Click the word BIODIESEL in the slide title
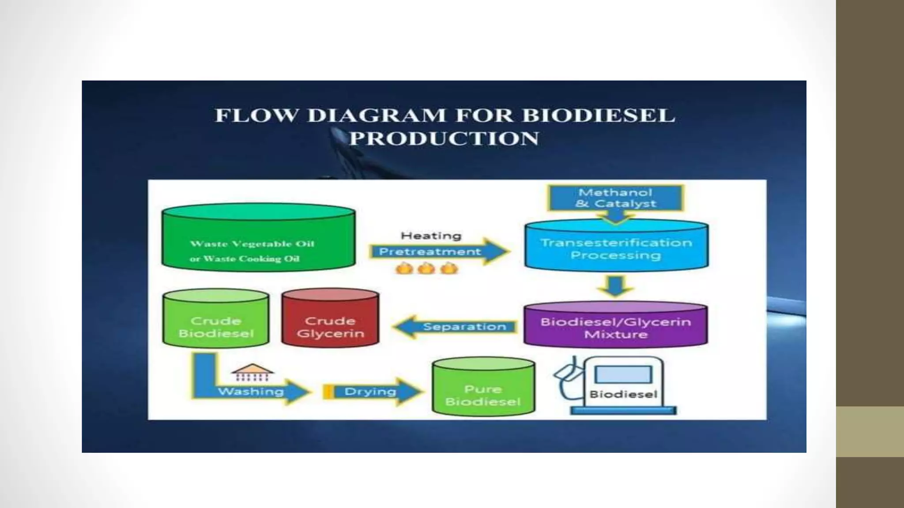[x=598, y=116]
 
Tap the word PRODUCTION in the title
[x=444, y=138]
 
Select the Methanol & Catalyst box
[x=615, y=198]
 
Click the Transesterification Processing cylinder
[x=616, y=248]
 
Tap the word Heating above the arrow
[x=431, y=235]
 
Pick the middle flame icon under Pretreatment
[x=426, y=268]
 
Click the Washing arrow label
[x=251, y=391]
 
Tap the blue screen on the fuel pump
[x=623, y=374]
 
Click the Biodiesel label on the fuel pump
[x=623, y=394]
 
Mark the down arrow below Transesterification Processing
[x=615, y=285]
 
